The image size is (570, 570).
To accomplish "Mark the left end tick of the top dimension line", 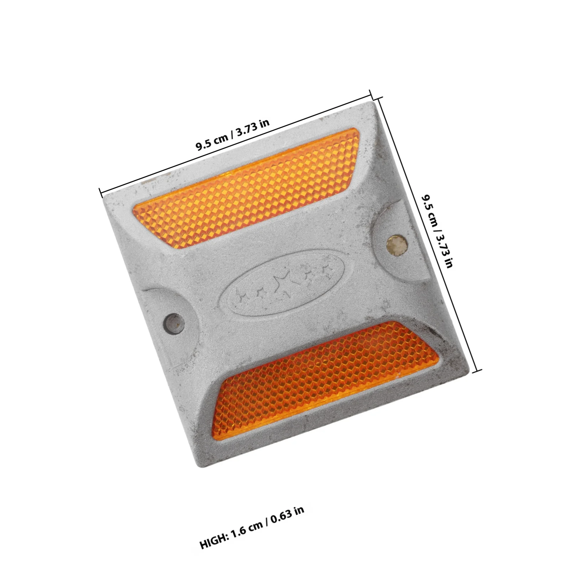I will tap(100, 192).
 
